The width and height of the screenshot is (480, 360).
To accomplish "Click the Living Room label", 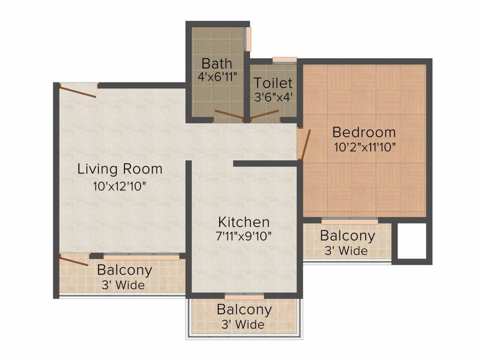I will (120, 169).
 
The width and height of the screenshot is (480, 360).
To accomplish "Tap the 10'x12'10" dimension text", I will (120, 186).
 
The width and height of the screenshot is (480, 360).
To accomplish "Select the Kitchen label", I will (244, 222).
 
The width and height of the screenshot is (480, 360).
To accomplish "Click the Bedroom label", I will (364, 132).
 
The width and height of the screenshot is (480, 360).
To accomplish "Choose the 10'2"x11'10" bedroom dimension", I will (365, 146).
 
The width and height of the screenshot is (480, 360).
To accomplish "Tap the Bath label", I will (217, 63).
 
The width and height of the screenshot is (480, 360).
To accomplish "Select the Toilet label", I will (273, 83).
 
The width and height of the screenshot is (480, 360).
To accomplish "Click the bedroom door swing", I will (305, 144).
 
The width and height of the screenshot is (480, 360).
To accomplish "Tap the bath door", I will (229, 115).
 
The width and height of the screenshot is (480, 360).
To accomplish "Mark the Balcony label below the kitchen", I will (244, 310).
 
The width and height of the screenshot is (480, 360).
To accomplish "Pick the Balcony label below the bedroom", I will (347, 236).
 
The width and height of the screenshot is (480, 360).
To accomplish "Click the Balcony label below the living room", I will (124, 270).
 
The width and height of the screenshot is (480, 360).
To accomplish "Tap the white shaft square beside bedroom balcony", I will (412, 240).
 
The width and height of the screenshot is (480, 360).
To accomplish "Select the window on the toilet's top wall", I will (285, 60).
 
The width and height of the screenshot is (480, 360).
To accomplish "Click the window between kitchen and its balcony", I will (244, 296).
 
